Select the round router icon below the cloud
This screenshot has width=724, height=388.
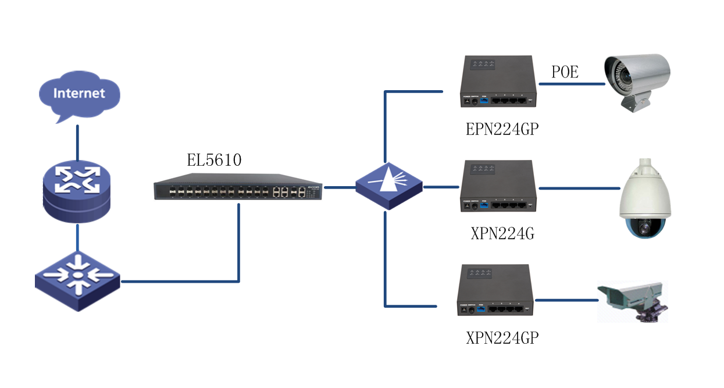point(77,191)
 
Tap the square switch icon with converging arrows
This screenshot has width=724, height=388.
point(77,281)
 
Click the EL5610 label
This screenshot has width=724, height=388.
point(214,160)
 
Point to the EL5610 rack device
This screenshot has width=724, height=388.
point(238,190)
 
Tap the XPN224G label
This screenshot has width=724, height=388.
point(502,234)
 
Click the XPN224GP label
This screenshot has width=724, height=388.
point(502,338)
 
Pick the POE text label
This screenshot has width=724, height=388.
point(565,72)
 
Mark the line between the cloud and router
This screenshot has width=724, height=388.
point(77,141)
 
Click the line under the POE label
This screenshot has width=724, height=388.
point(572,84)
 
